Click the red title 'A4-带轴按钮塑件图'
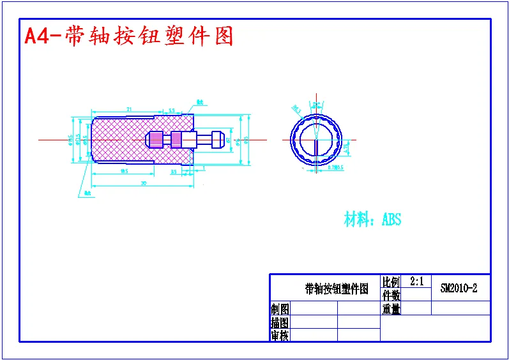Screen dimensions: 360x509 tap(128, 36)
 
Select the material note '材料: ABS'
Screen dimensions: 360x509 tap(372, 220)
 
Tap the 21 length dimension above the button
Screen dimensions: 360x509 tap(129, 110)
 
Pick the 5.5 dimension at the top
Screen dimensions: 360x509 tap(172, 110)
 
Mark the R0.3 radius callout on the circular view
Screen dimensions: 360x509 tap(296, 109)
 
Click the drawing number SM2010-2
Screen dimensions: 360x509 tap(459, 288)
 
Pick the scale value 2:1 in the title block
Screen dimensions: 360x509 tap(416, 281)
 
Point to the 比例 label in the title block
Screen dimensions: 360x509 tap(391, 281)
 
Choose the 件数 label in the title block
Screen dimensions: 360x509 tap(391, 296)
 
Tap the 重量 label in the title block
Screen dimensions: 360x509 tap(391, 309)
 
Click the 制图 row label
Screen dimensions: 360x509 tap(280, 309)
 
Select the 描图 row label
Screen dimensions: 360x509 tap(280, 322)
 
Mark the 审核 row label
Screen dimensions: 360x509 tap(280, 335)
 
